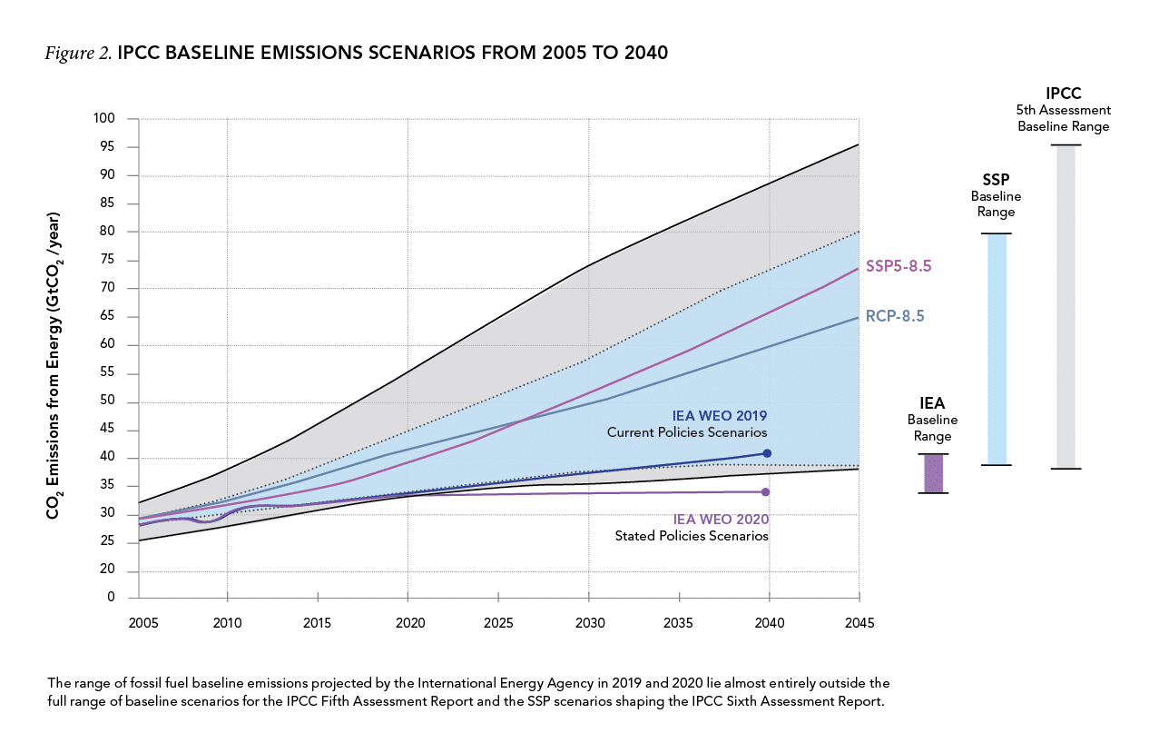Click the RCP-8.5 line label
(895, 317)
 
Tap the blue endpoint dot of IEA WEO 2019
(767, 453)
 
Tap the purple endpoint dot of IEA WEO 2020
(765, 492)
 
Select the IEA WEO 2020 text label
(721, 520)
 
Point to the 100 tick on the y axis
(105, 119)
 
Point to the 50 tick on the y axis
(109, 402)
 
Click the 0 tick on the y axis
(112, 598)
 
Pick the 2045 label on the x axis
(858, 624)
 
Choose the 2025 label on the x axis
(498, 624)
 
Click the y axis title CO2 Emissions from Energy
(54, 366)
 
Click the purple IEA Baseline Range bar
(934, 473)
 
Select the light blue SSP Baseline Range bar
(997, 350)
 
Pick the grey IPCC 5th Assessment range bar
(1066, 307)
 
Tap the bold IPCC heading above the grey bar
(1063, 94)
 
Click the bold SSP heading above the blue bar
(996, 180)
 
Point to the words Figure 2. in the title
(78, 54)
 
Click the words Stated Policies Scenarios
(692, 537)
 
